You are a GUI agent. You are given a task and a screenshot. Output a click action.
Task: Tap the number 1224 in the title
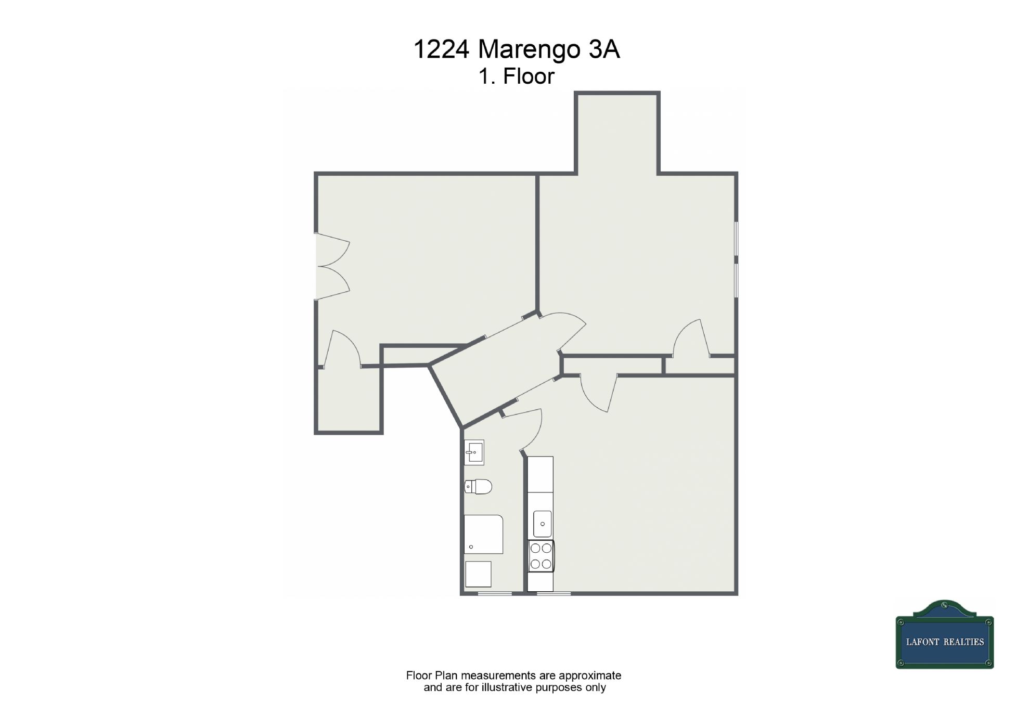pos(442,49)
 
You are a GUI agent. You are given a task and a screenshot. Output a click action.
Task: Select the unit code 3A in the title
pos(604,49)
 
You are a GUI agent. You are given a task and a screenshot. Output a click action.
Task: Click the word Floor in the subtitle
pos(529,76)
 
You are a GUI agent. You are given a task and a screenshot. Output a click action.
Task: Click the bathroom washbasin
pos(474,452)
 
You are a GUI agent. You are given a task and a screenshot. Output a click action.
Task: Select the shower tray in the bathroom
pos(483,534)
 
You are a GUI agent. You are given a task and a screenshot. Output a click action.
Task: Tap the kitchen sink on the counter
pos(542,524)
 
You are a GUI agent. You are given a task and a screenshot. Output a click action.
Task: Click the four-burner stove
pos(541,556)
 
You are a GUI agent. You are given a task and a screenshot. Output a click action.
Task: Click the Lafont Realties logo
pos(945,634)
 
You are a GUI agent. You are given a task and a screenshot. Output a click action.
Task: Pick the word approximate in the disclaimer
pos(590,675)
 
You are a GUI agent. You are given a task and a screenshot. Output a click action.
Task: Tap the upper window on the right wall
pos(736,239)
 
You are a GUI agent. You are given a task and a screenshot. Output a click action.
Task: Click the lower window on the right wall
pos(736,281)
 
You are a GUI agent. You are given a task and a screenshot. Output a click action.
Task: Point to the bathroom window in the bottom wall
pos(495,593)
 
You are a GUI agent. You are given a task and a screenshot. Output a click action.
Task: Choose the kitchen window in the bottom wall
pos(553,593)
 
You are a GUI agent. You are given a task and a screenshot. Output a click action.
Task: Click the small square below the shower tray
pos(478,574)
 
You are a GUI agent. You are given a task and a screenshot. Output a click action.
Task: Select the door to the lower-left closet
pos(342,348)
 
